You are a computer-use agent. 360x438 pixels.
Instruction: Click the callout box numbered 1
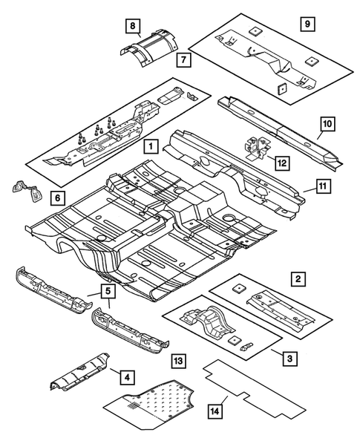click(x=150, y=146)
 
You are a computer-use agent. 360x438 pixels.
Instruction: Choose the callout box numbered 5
click(x=107, y=291)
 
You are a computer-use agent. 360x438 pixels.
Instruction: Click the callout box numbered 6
click(x=57, y=197)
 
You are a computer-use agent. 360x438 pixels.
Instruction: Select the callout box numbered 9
click(x=308, y=24)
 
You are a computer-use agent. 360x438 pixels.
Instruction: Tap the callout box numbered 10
click(x=327, y=123)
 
